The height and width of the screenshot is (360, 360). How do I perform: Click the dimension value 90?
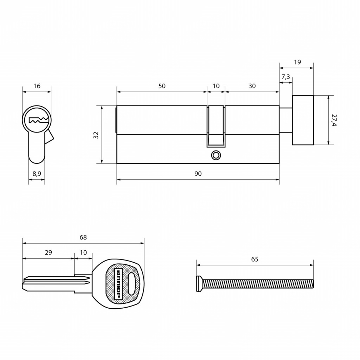point(198,174)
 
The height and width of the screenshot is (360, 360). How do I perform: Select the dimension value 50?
point(162,86)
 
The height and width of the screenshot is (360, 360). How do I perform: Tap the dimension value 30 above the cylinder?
point(252,86)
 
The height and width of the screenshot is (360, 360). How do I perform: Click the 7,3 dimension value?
point(285,77)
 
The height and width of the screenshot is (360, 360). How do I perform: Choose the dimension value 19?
point(297,62)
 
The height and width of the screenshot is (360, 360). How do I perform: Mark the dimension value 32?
point(96,135)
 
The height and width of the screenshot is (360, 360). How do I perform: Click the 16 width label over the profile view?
point(37,86)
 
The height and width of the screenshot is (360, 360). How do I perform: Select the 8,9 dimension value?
point(37,174)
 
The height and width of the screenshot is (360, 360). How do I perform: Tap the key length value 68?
point(83,237)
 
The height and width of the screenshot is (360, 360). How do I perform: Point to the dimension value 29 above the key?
point(49,252)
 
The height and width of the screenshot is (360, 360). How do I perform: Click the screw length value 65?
point(255,259)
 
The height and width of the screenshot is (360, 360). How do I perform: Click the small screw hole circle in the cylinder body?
point(216,155)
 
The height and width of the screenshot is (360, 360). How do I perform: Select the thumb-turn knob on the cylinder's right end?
point(303,120)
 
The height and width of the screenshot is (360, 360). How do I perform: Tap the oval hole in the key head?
point(132,284)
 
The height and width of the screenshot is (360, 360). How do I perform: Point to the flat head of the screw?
point(199,284)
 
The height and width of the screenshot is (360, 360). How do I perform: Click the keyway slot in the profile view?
point(38,120)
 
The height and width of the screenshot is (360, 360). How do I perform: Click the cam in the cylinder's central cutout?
point(216,127)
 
